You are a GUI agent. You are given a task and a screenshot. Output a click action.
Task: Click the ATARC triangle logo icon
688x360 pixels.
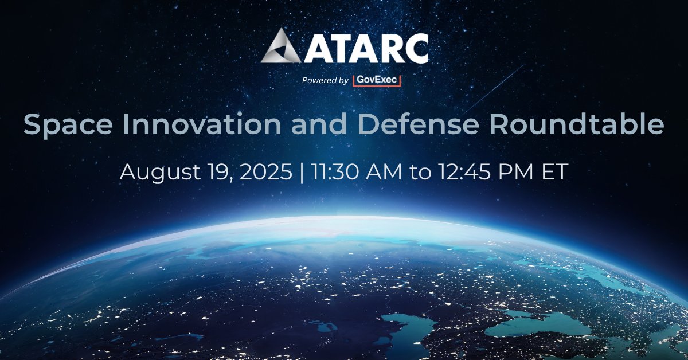coord(283,47)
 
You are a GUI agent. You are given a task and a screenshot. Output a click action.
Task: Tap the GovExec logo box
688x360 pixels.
coord(376,80)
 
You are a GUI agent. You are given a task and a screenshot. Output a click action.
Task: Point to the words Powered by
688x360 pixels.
coord(325,81)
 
